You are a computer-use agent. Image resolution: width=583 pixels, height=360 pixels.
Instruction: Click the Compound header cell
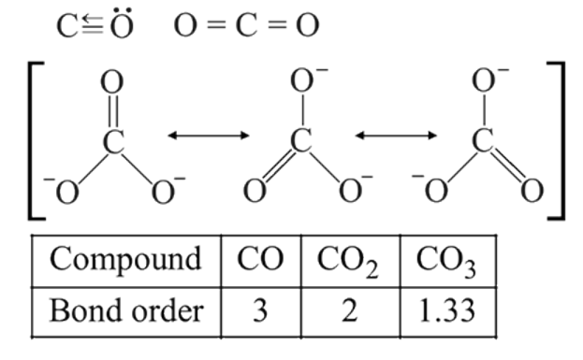[125, 260]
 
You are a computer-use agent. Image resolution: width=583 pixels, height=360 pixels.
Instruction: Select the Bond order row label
[126, 310]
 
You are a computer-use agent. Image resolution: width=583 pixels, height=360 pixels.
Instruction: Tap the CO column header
[260, 259]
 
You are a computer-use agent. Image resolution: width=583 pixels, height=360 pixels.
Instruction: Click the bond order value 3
[260, 310]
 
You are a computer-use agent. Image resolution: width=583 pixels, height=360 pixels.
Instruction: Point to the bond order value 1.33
[447, 310]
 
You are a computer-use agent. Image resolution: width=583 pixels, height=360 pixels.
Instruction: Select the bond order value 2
[349, 310]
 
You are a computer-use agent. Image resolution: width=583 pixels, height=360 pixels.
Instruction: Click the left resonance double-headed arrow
[209, 136]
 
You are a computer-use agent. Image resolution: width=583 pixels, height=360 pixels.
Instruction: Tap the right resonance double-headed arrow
[396, 136]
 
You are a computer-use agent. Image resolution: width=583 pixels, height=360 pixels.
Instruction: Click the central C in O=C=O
[246, 25]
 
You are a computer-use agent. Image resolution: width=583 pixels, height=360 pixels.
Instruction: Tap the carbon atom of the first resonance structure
[113, 141]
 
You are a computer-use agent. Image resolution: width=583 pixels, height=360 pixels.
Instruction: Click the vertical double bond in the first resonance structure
[113, 111]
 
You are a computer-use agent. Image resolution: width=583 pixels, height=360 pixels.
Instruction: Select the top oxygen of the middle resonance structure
[301, 80]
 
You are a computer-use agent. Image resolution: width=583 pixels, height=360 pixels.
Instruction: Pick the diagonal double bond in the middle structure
[278, 166]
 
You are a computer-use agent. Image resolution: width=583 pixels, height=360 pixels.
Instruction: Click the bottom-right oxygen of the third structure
[532, 191]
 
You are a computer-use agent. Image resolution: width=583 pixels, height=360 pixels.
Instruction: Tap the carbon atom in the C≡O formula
[67, 26]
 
